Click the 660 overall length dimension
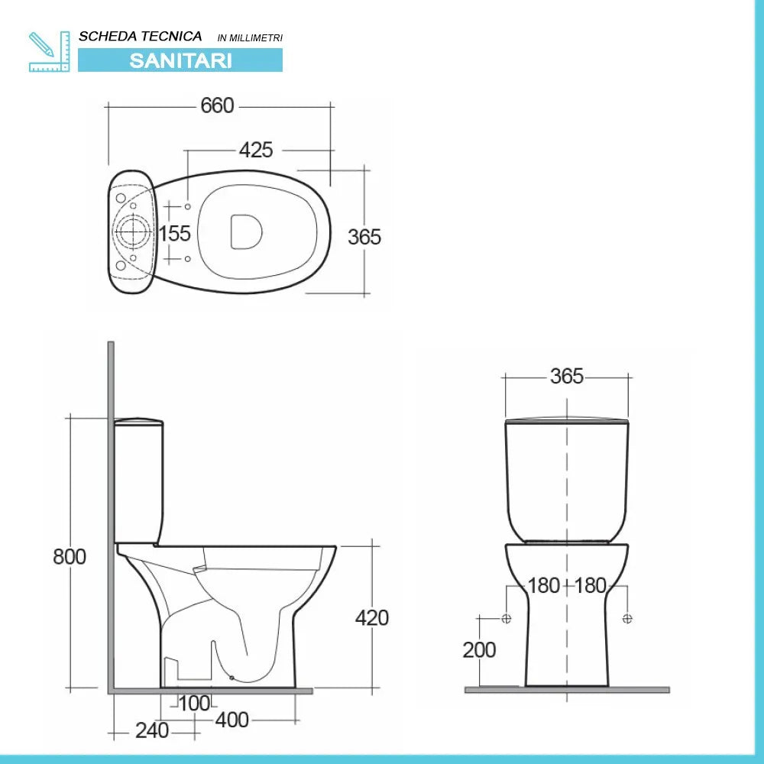coord(217,106)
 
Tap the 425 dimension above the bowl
coord(255,151)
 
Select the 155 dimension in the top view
coord(175,233)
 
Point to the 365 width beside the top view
coord(364,237)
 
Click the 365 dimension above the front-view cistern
coord(566,377)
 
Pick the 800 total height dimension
coord(70,557)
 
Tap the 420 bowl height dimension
coord(371,617)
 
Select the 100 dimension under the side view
coord(194,703)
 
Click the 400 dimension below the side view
coord(231,720)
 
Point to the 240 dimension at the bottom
coord(151,731)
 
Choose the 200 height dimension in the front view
coord(479,650)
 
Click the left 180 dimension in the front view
coord(544,586)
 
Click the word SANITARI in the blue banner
coord(180,60)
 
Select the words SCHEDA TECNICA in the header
coord(141,36)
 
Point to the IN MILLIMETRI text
coord(250,37)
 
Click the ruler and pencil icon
coord(48,51)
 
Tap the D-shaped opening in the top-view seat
coord(246,231)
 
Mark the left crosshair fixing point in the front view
coord(506,618)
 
